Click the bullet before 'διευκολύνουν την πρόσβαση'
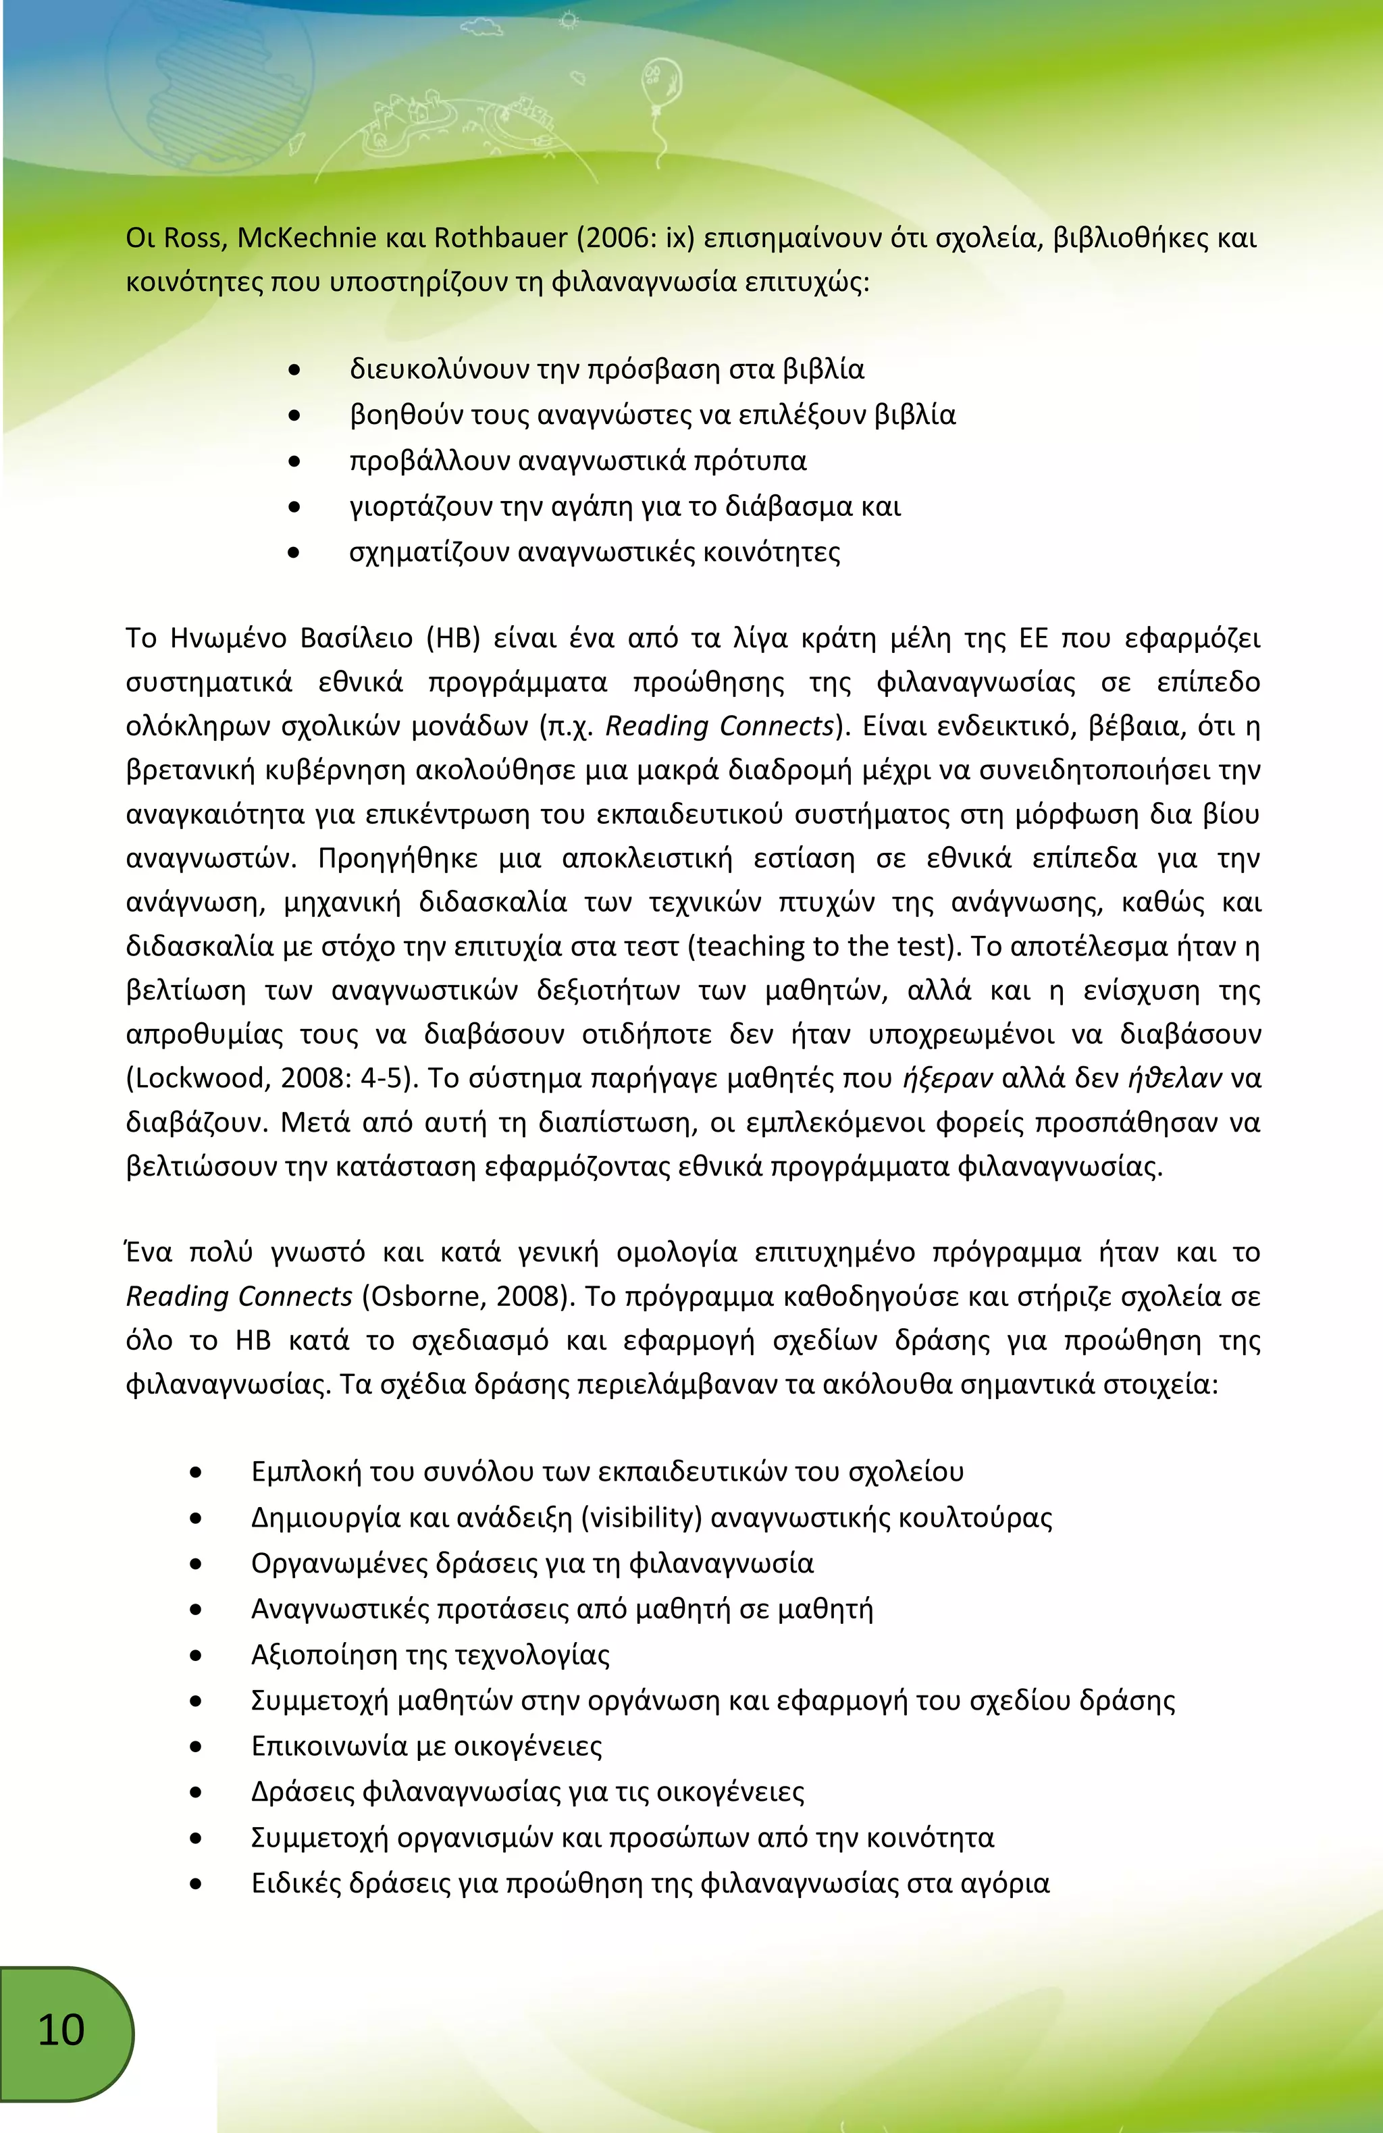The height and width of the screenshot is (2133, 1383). click(294, 369)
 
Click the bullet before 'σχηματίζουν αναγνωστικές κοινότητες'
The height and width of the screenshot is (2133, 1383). click(294, 553)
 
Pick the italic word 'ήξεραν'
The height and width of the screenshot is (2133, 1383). click(947, 1078)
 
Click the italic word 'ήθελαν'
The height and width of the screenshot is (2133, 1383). click(1175, 1078)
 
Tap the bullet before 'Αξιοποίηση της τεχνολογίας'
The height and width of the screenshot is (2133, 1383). click(195, 1656)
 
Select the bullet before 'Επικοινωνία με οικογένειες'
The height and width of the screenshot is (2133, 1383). click(195, 1747)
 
